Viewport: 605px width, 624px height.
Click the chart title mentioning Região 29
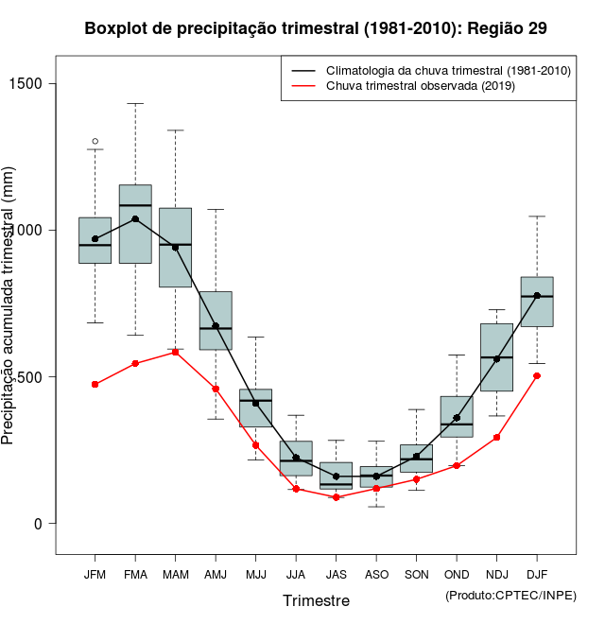pyautogui.click(x=315, y=28)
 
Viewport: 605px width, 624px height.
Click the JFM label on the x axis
pyautogui.click(x=95, y=574)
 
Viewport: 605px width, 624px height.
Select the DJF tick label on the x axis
pyautogui.click(x=537, y=574)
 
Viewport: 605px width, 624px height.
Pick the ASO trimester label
pyautogui.click(x=376, y=574)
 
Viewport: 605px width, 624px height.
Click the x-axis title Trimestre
pyautogui.click(x=316, y=600)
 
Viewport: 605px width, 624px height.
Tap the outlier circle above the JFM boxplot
pyautogui.click(x=95, y=142)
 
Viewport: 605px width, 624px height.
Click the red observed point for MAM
pyautogui.click(x=176, y=352)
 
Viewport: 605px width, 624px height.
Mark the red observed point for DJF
pyautogui.click(x=537, y=375)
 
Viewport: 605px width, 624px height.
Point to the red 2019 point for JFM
pyautogui.click(x=95, y=384)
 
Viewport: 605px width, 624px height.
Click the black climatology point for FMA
pyautogui.click(x=135, y=218)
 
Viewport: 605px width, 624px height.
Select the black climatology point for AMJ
pyautogui.click(x=216, y=326)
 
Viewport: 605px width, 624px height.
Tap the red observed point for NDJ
pyautogui.click(x=496, y=437)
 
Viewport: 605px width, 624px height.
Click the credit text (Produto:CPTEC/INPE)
pyautogui.click(x=510, y=595)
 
